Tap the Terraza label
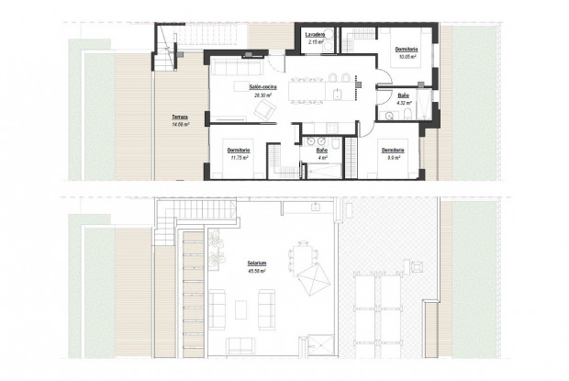click(x=179, y=118)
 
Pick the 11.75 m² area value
click(x=238, y=157)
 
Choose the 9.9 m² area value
click(x=395, y=157)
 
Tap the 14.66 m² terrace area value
click(x=179, y=125)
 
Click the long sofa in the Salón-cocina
click(x=238, y=68)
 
